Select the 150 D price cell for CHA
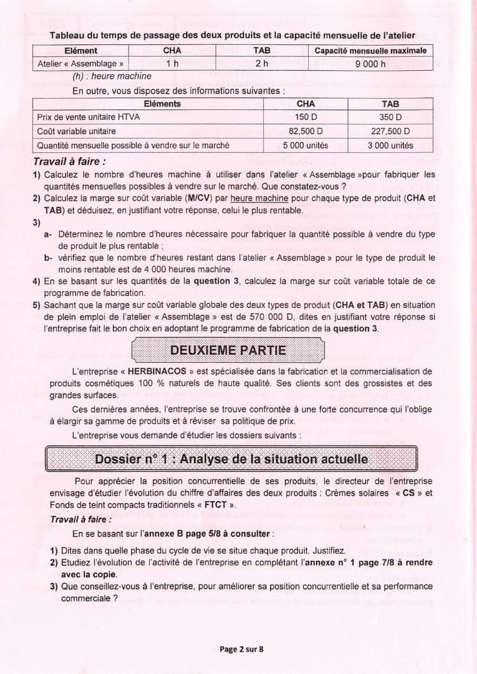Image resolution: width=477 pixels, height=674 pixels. coord(305,117)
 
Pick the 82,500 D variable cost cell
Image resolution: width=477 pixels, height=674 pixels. coord(305,131)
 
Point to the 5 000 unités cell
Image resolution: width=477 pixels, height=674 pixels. coord(305,146)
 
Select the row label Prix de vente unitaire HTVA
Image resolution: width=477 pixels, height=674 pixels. coord(89,117)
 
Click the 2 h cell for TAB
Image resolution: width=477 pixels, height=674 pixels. coord(261,64)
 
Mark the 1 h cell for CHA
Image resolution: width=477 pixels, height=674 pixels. coord(172,64)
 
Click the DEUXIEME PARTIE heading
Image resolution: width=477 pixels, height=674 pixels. coord(229,350)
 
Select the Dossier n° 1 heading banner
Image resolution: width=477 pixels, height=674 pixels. coord(231,459)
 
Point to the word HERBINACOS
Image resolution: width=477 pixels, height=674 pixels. coord(159,371)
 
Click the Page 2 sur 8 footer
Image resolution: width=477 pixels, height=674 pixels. coord(241,649)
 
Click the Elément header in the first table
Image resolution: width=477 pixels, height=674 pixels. coord(81,50)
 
